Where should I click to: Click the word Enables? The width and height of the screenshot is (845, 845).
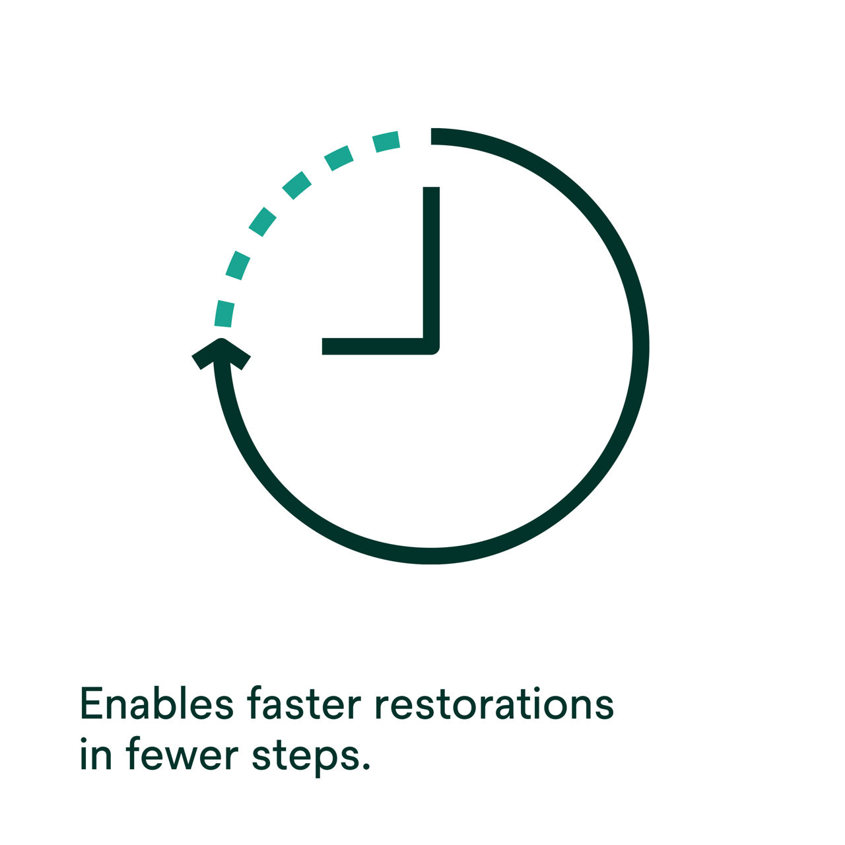click(156, 702)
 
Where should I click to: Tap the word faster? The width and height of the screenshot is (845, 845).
click(304, 702)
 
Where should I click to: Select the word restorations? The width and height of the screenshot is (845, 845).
click(494, 703)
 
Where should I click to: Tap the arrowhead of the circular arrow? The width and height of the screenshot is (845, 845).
click(221, 353)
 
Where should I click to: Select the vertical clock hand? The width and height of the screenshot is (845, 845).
click(431, 270)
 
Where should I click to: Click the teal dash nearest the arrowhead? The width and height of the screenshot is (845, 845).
click(224, 314)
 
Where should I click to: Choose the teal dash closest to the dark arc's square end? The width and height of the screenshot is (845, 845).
click(386, 141)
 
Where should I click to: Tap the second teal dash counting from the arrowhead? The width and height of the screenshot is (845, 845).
click(238, 265)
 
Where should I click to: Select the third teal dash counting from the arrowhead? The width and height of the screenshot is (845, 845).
click(262, 221)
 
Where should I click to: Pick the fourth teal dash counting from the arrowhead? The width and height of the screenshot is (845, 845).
click(296, 185)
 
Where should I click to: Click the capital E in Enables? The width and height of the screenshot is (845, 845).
click(91, 703)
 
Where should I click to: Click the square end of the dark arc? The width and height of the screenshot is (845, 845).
click(432, 136)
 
